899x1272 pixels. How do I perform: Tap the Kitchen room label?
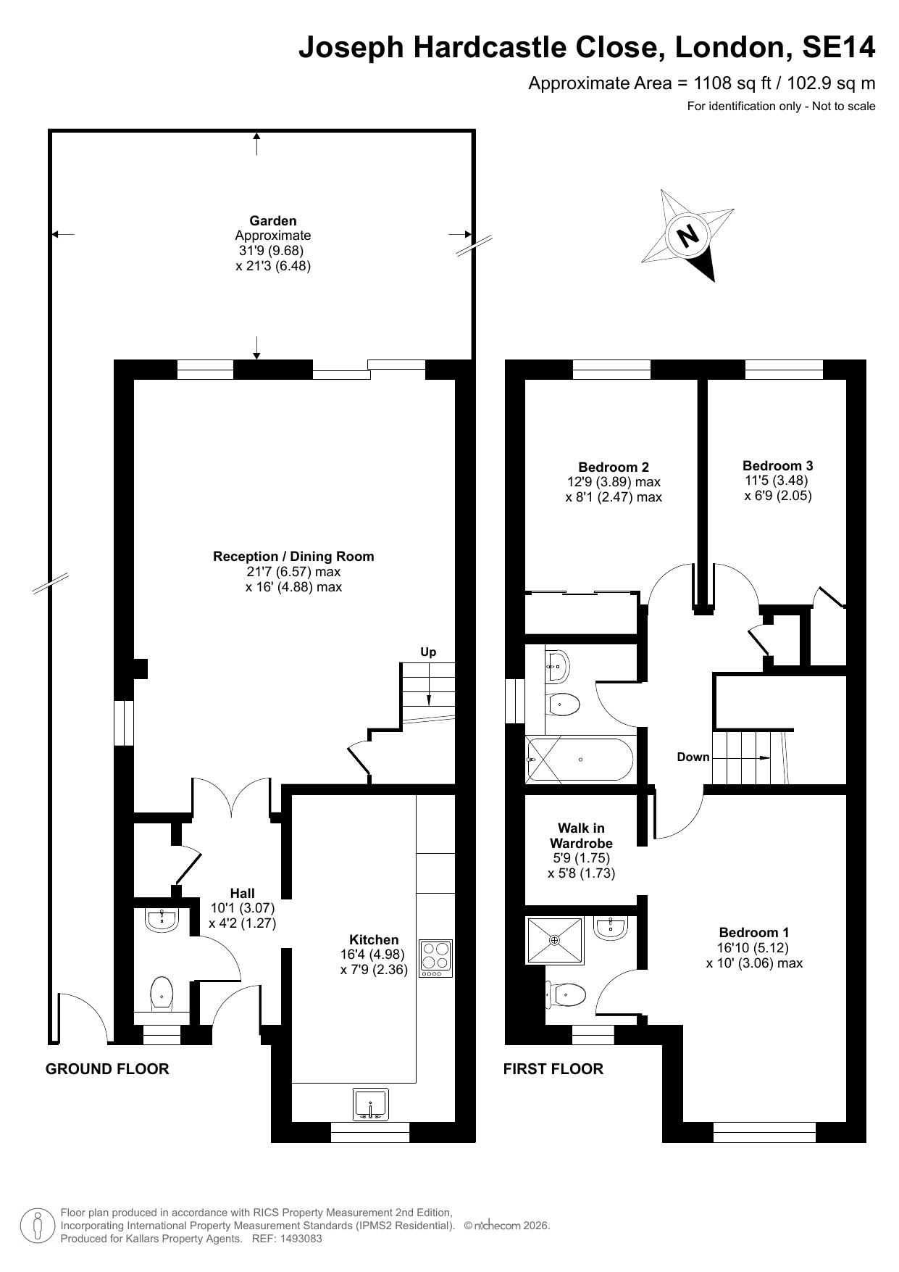point(374,939)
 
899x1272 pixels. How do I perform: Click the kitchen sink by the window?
point(371,1104)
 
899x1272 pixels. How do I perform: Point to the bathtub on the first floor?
point(580,760)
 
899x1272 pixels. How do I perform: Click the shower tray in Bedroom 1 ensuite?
point(555,941)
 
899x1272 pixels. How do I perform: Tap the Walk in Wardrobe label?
point(581,835)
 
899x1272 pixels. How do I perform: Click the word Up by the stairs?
point(428,652)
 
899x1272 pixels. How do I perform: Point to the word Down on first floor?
point(693,757)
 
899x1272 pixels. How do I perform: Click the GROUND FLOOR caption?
point(107,1069)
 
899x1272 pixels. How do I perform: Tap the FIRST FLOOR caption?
point(553,1069)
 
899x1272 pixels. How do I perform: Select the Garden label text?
point(273,220)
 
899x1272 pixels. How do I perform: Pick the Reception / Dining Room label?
point(293,556)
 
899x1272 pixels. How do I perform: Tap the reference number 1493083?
point(298,1239)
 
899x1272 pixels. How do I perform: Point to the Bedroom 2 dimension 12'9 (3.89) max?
point(614,481)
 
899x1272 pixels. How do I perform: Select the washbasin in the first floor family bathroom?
point(559,665)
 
